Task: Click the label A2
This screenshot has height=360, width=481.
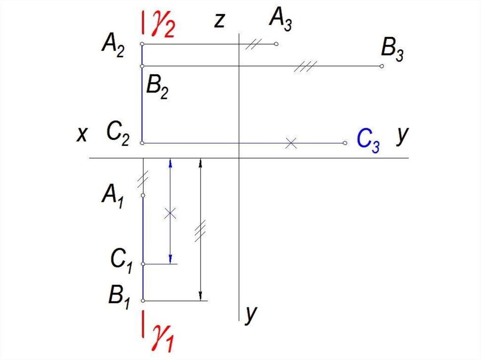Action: tap(113, 46)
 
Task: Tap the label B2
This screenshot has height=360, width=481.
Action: tap(157, 87)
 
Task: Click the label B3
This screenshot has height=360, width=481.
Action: tap(392, 50)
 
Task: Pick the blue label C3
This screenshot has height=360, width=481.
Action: tap(368, 140)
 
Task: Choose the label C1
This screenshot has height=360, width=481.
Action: tap(121, 261)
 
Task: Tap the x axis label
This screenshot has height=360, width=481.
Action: tap(82, 134)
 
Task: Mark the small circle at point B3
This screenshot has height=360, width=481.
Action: tap(381, 66)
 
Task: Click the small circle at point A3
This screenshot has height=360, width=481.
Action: tap(276, 44)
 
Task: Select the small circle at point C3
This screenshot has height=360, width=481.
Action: tap(345, 143)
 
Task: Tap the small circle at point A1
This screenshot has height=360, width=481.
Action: tap(143, 195)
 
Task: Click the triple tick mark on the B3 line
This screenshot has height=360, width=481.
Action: tap(305, 66)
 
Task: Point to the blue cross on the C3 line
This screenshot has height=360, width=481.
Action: tap(291, 143)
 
